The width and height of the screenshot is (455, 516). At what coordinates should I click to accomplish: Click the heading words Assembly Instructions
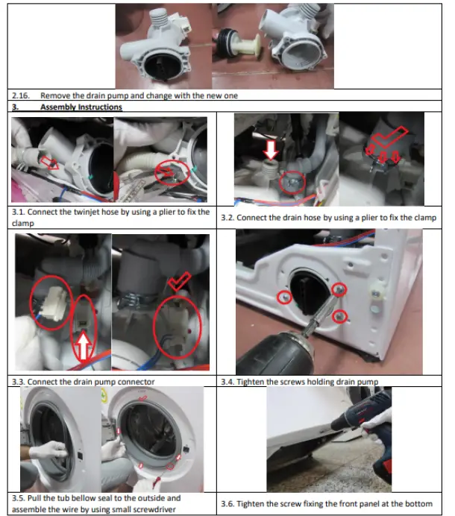point(81,107)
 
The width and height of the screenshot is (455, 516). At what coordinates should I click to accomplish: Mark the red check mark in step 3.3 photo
point(179,280)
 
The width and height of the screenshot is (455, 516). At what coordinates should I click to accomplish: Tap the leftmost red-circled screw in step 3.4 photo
point(283,298)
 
